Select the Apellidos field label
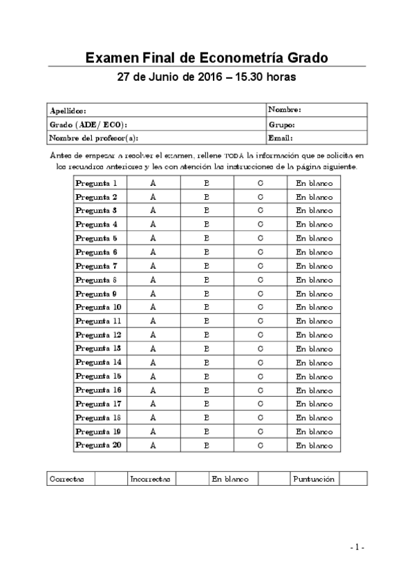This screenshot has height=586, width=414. [x=68, y=111]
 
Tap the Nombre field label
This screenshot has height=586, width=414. [x=284, y=110]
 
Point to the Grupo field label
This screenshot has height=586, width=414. [x=282, y=124]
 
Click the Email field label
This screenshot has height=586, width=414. [x=281, y=138]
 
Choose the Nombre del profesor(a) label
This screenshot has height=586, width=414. [x=88, y=138]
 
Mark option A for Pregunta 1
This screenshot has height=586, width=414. [x=153, y=183]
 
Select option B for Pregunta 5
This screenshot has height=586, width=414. [x=207, y=238]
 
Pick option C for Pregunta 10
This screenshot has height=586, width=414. [x=261, y=308]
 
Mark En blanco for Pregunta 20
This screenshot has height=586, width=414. [x=314, y=446]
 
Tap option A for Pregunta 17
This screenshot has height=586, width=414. [x=153, y=404]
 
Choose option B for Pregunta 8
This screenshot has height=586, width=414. [x=207, y=280]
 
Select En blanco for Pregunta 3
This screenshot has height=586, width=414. [x=314, y=211]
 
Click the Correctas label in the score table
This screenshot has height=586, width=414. [x=67, y=479]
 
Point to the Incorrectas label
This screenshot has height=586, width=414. [x=150, y=479]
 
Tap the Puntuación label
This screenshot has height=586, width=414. [x=314, y=479]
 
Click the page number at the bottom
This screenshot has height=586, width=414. [x=357, y=547]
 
